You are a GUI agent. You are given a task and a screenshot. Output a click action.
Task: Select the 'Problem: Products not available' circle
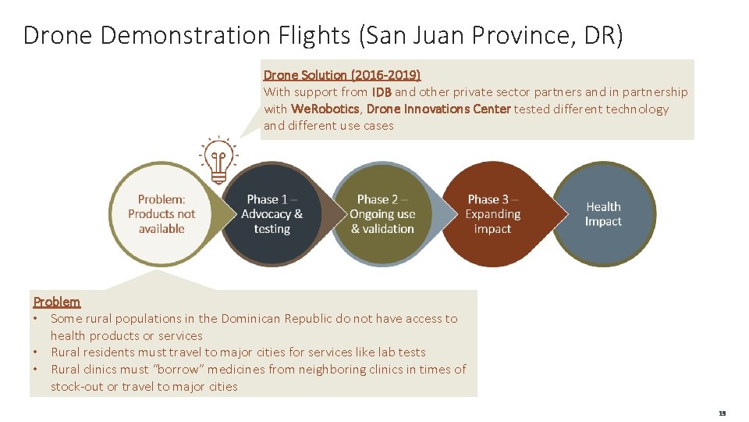click(162, 214)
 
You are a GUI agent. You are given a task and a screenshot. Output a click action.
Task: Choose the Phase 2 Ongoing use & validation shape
click(382, 214)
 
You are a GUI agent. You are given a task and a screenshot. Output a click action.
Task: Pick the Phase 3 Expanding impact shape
click(492, 214)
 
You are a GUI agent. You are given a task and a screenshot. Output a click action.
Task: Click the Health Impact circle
click(603, 214)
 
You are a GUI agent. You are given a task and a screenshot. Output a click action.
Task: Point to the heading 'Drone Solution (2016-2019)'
click(342, 75)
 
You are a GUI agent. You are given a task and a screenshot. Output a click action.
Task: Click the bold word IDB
click(382, 92)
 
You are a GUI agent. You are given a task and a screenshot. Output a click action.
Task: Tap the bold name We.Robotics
click(325, 109)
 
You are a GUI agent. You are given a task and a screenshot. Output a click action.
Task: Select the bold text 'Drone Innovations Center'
click(438, 109)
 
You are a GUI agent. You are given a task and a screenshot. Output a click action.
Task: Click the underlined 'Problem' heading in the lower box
click(56, 302)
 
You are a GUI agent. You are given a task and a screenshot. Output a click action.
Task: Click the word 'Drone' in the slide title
click(59, 35)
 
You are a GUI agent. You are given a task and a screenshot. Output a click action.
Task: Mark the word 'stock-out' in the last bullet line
click(77, 386)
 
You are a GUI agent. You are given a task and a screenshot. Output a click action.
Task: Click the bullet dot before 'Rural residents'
click(36, 352)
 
